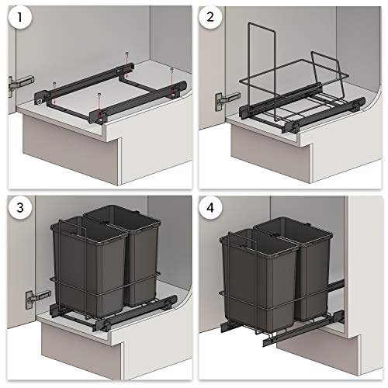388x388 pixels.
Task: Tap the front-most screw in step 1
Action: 101,98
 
